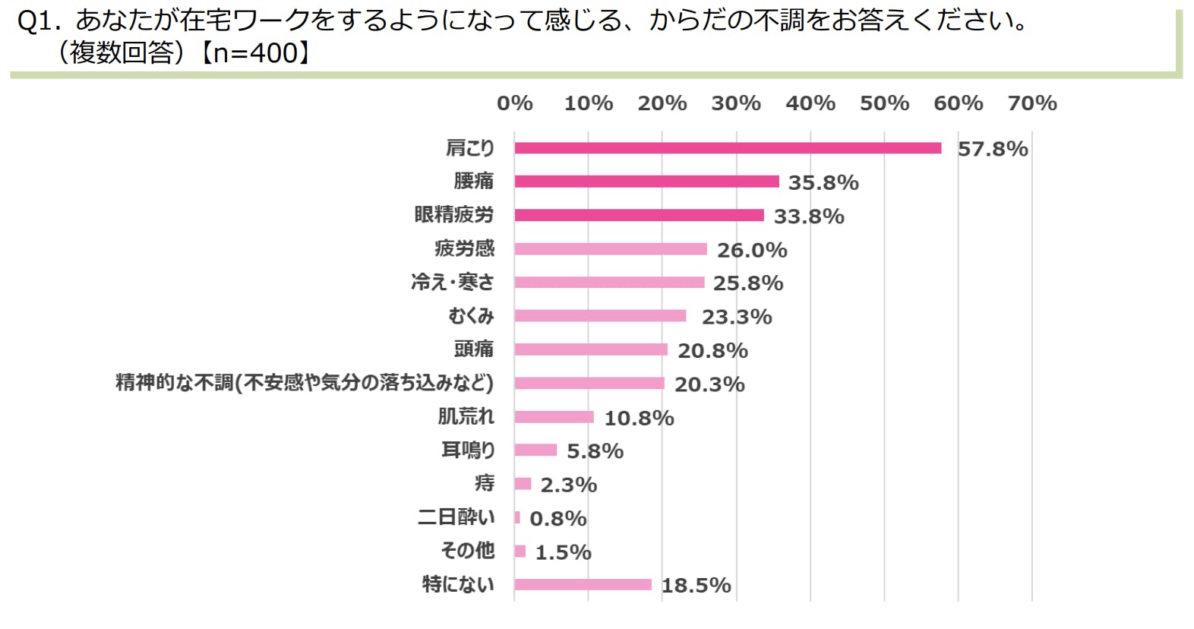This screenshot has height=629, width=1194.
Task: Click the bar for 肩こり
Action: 728,148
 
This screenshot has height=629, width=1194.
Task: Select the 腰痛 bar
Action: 646,182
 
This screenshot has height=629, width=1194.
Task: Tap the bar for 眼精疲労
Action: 639,215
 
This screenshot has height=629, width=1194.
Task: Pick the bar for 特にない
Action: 583,584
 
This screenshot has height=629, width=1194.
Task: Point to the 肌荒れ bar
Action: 554,416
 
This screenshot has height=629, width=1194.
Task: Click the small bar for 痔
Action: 523,484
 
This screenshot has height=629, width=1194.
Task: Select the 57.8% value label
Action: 992,149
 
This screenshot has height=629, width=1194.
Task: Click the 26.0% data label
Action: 752,250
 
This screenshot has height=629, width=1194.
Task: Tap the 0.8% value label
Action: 558,519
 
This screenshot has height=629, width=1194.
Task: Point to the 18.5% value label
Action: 696,585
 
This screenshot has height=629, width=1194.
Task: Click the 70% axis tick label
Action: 1031,103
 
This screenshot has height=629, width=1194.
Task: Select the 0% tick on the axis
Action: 514,103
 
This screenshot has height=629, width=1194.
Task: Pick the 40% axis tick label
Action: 810,103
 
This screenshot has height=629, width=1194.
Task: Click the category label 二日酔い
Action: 456,517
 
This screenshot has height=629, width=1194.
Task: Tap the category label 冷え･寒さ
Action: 452,282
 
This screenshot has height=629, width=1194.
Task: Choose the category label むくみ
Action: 471,315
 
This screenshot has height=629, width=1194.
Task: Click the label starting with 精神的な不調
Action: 304,382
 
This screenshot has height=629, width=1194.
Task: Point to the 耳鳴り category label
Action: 468,450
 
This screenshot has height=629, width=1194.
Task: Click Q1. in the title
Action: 39,21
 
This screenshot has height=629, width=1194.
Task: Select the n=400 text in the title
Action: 254,52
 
